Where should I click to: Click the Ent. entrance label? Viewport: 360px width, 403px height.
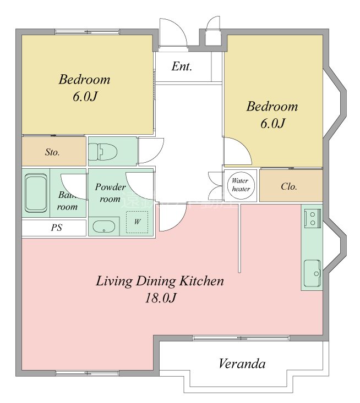click(182, 67)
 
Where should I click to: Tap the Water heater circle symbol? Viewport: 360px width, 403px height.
click(240, 185)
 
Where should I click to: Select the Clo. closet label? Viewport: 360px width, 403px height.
click(289, 186)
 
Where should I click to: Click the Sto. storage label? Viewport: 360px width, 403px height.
click(52, 152)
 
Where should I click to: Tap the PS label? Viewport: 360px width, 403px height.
click(56, 228)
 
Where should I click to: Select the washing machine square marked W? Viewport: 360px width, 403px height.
click(137, 222)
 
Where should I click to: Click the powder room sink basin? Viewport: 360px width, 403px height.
click(103, 227)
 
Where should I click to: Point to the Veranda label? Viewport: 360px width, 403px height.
click(242, 363)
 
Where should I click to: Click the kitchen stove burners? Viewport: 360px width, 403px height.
click(312, 217)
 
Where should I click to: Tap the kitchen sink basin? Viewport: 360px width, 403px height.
click(312, 271)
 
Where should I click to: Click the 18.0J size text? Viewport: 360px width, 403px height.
click(160, 299)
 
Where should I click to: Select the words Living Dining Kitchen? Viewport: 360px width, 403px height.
click(160, 281)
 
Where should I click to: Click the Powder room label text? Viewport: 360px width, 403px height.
click(110, 192)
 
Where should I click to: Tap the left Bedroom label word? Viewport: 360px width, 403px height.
click(84, 79)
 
